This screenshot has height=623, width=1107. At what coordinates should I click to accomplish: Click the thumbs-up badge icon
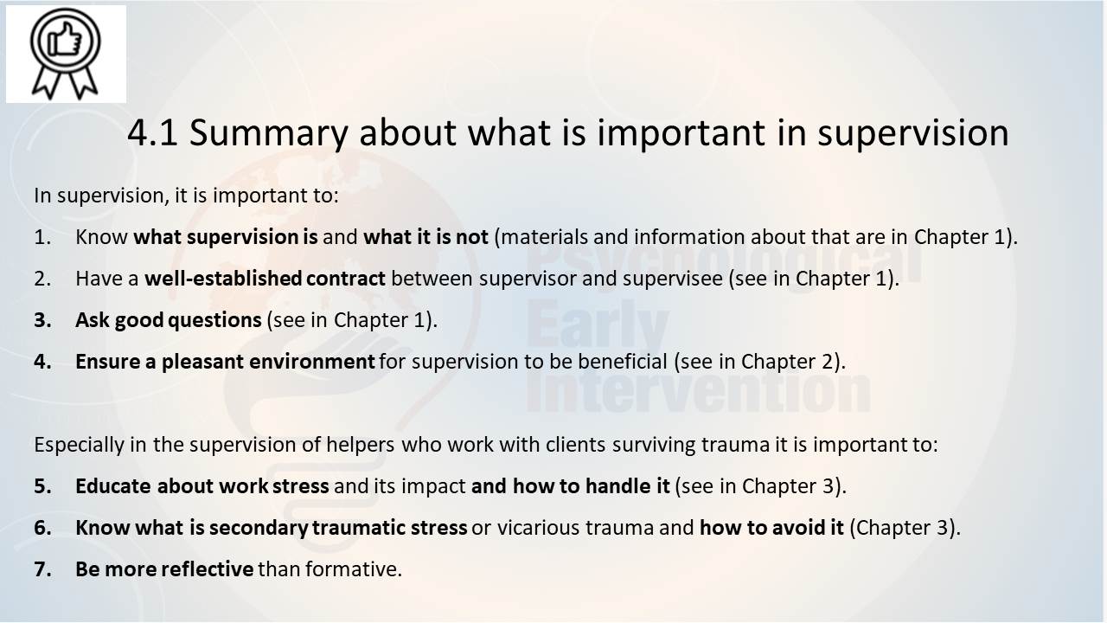(x=65, y=54)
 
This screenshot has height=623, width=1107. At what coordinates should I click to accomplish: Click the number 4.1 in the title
(x=152, y=132)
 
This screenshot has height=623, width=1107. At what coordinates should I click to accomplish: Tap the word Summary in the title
(x=269, y=134)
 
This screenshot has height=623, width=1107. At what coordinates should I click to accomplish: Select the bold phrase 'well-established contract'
(x=265, y=279)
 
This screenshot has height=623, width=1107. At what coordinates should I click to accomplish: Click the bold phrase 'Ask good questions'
(x=169, y=321)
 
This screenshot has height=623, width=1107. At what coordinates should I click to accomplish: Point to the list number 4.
(x=42, y=362)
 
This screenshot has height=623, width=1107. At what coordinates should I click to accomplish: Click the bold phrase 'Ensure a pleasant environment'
(x=225, y=362)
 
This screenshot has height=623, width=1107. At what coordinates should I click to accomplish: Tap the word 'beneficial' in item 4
(x=623, y=362)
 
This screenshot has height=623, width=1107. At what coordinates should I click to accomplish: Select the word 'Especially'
(x=79, y=445)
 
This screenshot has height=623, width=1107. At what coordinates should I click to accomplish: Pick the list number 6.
(x=42, y=528)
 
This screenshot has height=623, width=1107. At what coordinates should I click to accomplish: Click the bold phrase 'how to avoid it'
(x=772, y=528)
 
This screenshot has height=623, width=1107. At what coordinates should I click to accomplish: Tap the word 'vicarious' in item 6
(x=538, y=528)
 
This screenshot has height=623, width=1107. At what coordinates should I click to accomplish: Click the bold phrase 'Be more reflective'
(x=164, y=569)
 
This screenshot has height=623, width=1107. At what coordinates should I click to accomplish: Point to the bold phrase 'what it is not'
(x=426, y=237)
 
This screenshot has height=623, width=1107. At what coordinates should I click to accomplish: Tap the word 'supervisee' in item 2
(x=673, y=279)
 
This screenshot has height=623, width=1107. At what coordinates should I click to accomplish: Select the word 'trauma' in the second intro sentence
(x=735, y=445)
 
